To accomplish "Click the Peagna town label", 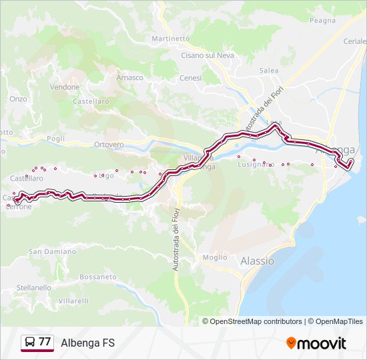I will pos(323,21).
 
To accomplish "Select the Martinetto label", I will pos(171,39).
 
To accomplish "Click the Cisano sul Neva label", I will pos(208,55).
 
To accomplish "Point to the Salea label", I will pos(269,70).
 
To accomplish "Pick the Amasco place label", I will pos(130,77).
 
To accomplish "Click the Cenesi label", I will pos(190,77).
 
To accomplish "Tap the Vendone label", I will pos(65,87).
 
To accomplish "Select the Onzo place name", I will pos(18,99).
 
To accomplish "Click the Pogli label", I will pos(56,139).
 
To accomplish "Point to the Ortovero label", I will pos(109,145).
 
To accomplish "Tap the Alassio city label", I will pos(257,261).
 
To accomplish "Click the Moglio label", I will pos(215,257).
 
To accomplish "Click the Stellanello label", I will pos(34,287).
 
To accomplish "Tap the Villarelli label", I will pos(73,301).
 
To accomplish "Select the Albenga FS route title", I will pos(87,343).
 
